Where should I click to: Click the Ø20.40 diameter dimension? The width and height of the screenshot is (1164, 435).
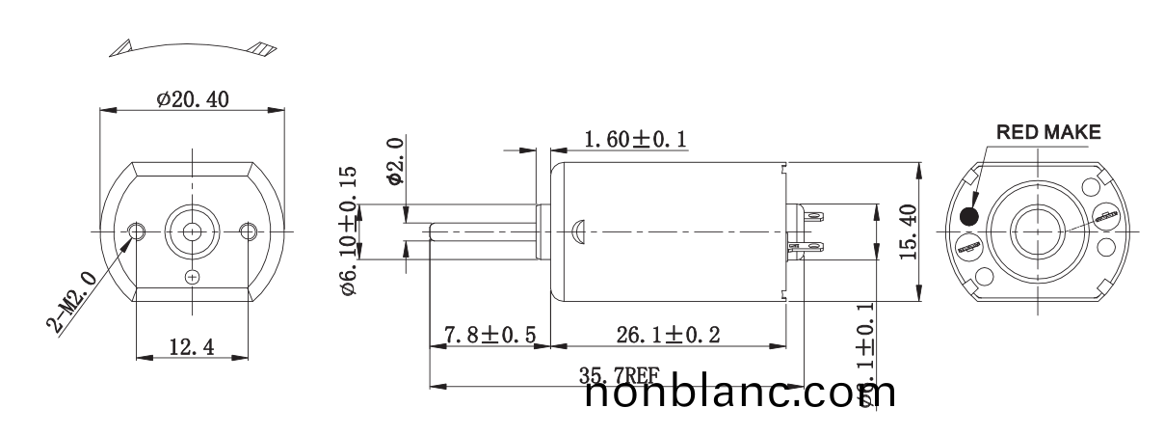(x=193, y=98)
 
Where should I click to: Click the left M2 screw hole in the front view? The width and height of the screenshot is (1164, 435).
(x=137, y=231)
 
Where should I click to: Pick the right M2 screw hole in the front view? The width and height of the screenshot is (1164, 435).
(x=249, y=231)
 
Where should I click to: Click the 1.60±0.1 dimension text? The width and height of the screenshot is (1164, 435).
(x=635, y=140)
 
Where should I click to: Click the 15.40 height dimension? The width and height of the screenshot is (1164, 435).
(x=909, y=230)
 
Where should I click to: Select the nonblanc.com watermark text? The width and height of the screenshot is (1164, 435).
(x=740, y=393)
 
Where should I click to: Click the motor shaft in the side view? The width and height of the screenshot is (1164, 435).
(x=482, y=231)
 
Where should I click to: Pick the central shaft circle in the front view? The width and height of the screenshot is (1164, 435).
(x=192, y=231)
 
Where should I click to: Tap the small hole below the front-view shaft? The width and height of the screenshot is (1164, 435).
(x=192, y=278)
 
